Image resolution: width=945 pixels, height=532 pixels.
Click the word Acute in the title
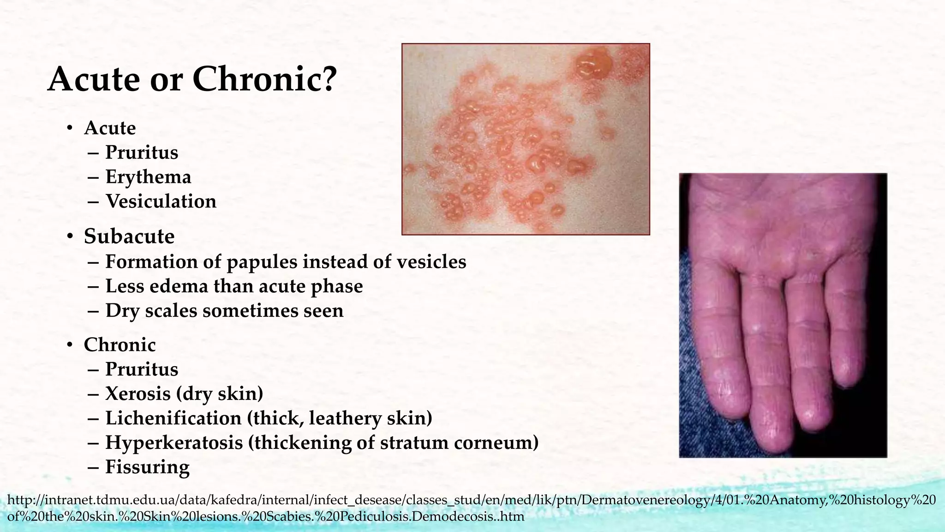pyautogui.click(x=94, y=79)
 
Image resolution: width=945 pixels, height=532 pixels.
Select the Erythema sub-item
pyautogui.click(x=148, y=177)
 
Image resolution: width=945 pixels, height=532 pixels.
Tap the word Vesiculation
pyautogui.click(x=161, y=201)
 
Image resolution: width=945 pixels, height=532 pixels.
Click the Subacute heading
pyautogui.click(x=129, y=236)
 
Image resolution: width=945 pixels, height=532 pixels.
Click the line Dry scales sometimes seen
pyautogui.click(x=224, y=310)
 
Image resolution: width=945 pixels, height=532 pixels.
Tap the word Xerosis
pyautogui.click(x=138, y=393)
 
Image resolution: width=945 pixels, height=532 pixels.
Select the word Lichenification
pyautogui.click(x=173, y=418)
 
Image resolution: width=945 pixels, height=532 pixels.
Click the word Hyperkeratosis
pyautogui.click(x=174, y=442)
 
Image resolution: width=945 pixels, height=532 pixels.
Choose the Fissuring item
pyautogui.click(x=147, y=467)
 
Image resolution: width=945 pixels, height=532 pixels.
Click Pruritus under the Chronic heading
pyautogui.click(x=142, y=369)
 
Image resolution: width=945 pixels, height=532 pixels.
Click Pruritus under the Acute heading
pyautogui.click(x=142, y=152)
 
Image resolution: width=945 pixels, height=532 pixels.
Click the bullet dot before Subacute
pyautogui.click(x=70, y=237)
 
